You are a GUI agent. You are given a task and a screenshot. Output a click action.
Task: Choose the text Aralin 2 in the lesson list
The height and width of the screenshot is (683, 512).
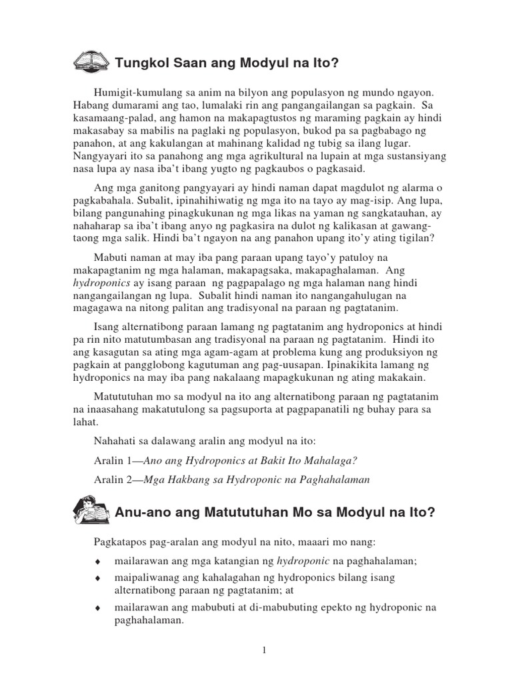(x=113, y=480)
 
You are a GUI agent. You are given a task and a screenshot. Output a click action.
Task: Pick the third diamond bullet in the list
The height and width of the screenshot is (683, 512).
(x=98, y=608)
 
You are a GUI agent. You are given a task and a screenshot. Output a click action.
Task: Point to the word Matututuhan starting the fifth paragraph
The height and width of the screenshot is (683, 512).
(x=127, y=396)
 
